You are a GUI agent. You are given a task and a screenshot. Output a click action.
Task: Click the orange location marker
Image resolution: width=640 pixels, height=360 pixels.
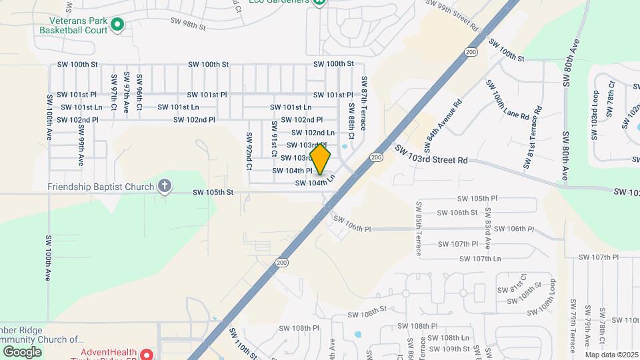pos(321,160)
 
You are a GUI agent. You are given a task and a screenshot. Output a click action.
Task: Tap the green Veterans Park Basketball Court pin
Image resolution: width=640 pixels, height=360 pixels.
pos(117,25)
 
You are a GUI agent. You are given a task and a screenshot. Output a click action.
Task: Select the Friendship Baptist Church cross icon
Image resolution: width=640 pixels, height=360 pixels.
pos(165,187)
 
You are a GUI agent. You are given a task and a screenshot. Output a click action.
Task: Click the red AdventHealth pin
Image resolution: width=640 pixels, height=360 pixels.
pos(147,354)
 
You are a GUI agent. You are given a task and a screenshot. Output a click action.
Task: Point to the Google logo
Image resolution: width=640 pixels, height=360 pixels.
pos(22,352)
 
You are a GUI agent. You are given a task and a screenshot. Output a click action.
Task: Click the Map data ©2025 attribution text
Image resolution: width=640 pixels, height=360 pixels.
pos(611,355)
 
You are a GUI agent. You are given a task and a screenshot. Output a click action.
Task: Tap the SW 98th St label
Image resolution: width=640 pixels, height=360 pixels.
pos(188,23)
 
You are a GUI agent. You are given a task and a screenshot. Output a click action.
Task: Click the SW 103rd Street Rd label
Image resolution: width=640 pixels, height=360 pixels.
pos(431,155)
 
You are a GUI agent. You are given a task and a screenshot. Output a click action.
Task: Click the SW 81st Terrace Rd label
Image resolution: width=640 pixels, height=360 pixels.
pos(534,131)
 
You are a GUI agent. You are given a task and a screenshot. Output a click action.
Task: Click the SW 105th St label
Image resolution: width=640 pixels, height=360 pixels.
pos(213,193)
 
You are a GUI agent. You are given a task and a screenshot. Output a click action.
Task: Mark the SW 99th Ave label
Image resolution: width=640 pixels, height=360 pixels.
pos(80,153)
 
